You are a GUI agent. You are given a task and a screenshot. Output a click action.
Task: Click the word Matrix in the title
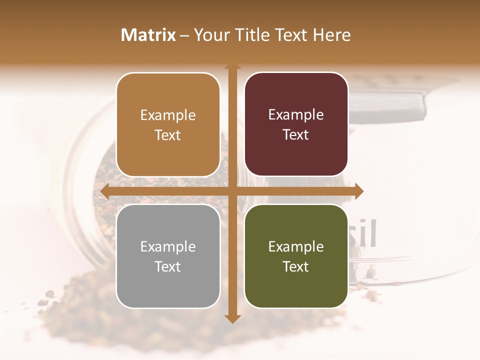pos(148,35)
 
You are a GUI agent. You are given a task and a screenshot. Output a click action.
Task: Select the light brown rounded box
pos(168,124)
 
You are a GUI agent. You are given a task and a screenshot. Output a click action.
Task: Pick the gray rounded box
pos(168,256)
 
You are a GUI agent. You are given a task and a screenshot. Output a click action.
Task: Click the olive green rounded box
pos(296,256)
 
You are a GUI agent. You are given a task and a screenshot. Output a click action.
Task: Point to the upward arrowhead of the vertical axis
pos(232,67)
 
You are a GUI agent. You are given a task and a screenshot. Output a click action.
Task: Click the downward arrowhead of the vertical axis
pos(232,318)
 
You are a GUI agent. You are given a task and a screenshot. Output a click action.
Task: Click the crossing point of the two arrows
pos(232,191)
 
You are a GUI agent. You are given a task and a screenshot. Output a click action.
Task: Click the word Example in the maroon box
pos(296,115)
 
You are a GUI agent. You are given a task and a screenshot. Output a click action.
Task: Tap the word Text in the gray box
pos(168,266)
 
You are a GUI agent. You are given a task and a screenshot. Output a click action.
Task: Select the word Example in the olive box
pos(296,246)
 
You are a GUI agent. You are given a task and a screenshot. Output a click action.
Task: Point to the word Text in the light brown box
pos(168,135)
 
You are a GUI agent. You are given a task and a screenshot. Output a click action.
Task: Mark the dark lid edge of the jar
pos(395,103)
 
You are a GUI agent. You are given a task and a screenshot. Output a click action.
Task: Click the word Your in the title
pos(210,35)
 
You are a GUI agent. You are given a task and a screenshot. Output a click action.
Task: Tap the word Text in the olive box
pos(296,266)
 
